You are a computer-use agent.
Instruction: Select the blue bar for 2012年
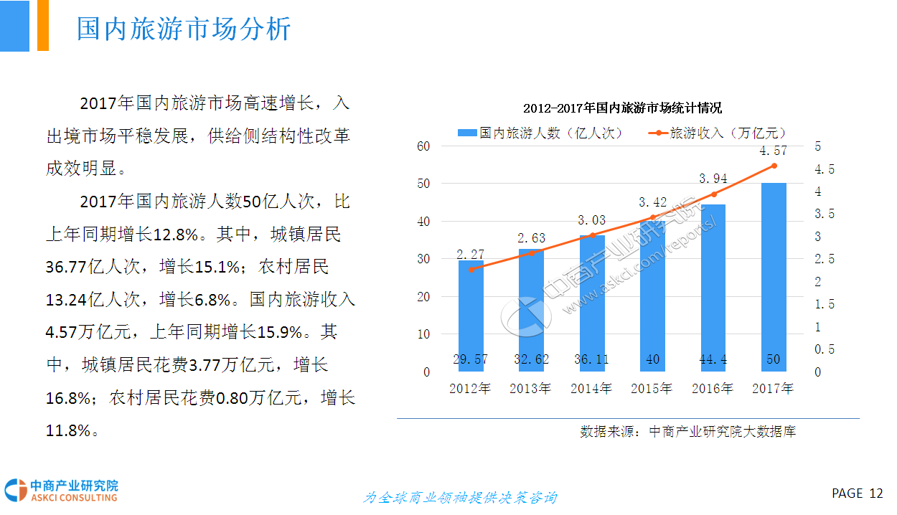tap(471, 316)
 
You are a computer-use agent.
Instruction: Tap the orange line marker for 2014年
tap(592, 235)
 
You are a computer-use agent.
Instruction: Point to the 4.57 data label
tap(774, 151)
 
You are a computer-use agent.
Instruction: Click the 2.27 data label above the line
tap(471, 254)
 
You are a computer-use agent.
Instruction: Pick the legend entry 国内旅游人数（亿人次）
tap(540, 133)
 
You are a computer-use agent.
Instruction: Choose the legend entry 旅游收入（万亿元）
tap(719, 133)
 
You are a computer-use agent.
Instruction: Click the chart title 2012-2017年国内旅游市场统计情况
tap(622, 108)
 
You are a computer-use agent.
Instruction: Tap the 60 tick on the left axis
tap(423, 146)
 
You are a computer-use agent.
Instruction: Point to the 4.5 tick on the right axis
tap(825, 169)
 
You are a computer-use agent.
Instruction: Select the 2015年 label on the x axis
tap(652, 389)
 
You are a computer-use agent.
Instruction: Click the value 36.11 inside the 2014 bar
tap(592, 359)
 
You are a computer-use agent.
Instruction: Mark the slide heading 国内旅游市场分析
tap(184, 29)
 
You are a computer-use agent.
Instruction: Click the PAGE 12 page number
tap(857, 493)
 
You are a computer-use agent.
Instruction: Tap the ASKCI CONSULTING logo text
tap(73, 498)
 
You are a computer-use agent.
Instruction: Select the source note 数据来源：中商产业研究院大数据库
tap(687, 432)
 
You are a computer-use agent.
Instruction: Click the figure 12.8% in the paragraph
tap(177, 234)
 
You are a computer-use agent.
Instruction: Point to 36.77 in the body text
tap(67, 268)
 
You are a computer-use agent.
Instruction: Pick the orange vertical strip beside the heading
tap(42, 25)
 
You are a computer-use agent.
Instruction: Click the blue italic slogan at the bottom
tap(459, 498)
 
